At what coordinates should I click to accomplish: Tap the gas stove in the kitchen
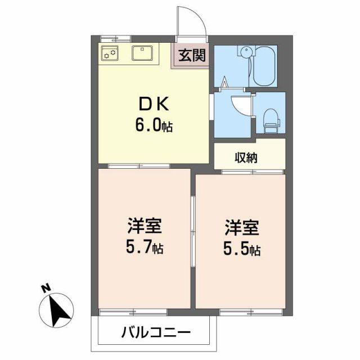pyautogui.click(x=110, y=54)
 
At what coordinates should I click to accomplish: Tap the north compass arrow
pyautogui.click(x=58, y=310)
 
